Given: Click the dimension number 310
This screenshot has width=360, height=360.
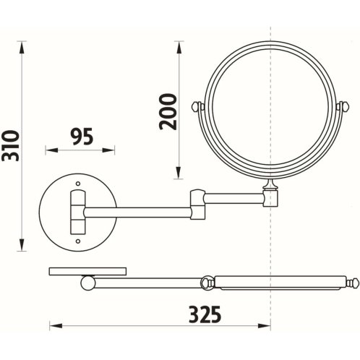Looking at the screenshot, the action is [10, 146].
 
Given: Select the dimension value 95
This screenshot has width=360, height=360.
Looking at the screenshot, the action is [82, 137].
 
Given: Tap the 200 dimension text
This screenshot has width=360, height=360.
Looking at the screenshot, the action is [168, 112].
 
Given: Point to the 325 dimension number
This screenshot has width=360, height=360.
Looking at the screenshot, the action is [205, 314].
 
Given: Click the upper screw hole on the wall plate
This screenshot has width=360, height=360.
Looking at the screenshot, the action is [78, 184].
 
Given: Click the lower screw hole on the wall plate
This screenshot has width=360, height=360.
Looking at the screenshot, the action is [78, 241].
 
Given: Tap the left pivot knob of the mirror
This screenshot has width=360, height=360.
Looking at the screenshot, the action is [197, 106].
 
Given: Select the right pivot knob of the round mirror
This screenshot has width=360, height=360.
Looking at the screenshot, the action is [343, 106].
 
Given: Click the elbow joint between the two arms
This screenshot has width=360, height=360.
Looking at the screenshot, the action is [198, 205].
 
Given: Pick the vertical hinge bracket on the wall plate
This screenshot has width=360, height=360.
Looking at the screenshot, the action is [78, 212].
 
